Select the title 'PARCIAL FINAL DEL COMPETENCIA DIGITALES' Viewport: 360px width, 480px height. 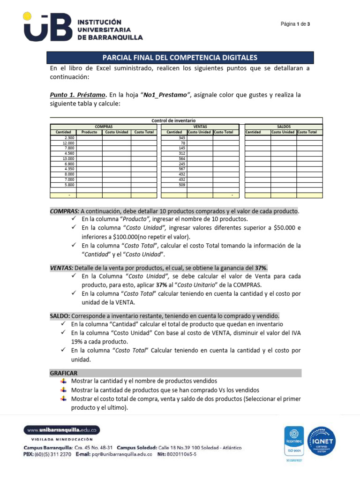coord(180,58)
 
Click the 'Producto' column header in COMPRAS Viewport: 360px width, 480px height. coord(89,132)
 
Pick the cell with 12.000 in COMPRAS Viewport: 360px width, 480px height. coord(63,143)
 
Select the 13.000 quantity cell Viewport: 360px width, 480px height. coord(63,158)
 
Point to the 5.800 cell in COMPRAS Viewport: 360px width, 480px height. coord(63,184)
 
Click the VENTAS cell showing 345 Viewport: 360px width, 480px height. coord(174,138)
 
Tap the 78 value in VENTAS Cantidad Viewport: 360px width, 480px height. coord(174,143)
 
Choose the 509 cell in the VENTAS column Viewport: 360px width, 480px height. coord(174,184)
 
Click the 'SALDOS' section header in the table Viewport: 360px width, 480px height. coord(284,127)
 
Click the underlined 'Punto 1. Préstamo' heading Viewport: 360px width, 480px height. coord(78,95)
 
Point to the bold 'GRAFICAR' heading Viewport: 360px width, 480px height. coord(64,373)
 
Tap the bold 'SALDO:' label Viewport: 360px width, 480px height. coord(60,315)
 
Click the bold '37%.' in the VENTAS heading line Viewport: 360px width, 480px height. coord(261,268)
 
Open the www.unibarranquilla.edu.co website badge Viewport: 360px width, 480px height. coord(62,430)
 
